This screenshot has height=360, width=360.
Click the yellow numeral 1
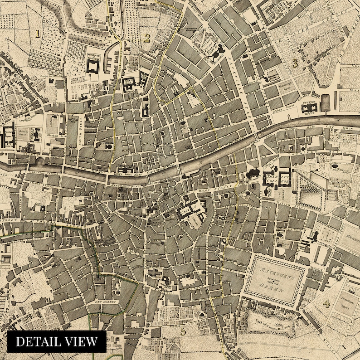(38, 33)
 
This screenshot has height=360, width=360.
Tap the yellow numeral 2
(147, 38)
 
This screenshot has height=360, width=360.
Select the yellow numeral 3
(295, 63)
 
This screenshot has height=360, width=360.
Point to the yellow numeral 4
(326, 303)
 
